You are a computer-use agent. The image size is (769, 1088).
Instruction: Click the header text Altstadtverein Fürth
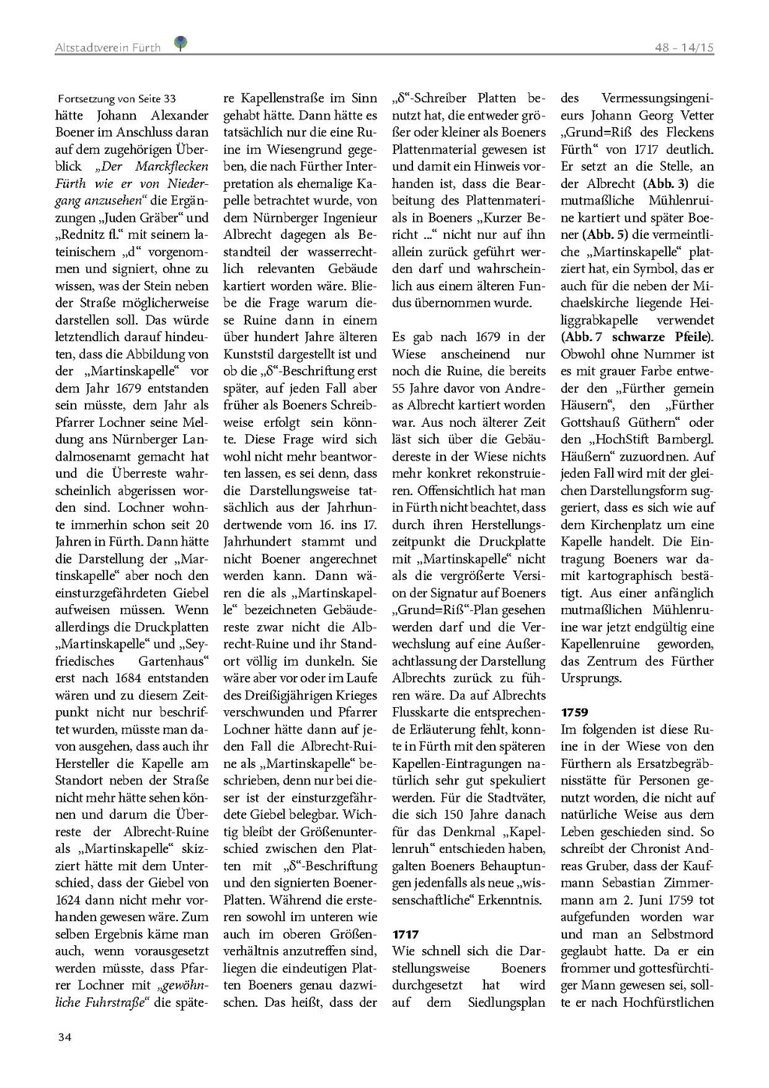107,47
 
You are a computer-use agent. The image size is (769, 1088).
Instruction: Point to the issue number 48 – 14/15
683,47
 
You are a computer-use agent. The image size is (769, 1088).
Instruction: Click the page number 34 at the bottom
64,1037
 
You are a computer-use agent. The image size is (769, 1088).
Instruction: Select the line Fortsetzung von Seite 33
117,98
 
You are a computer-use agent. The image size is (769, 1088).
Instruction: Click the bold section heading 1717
406,934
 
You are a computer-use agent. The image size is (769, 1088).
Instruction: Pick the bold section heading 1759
574,712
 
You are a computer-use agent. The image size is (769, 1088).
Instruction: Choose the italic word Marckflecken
171,166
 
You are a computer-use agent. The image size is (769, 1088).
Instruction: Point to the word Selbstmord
680,934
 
